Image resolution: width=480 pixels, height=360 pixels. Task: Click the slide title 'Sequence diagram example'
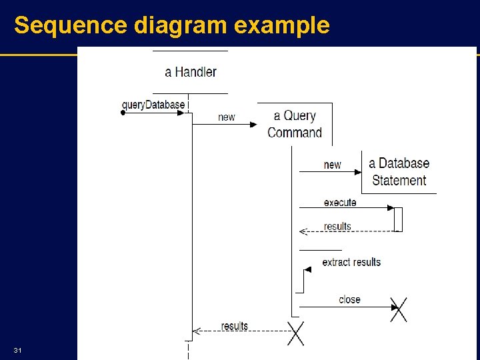171,25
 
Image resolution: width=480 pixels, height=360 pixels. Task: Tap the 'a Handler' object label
191,72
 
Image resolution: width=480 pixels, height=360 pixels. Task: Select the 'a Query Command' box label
295,124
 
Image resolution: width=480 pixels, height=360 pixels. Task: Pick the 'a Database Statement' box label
399,171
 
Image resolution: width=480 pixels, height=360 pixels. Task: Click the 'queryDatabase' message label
153,105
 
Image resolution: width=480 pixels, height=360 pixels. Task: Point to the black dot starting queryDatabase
123,113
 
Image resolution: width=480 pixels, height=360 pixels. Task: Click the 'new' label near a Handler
227,117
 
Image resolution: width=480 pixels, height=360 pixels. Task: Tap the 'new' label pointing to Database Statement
332,165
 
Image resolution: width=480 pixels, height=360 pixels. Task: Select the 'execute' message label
340,203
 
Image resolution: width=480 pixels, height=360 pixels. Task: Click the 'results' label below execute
337,227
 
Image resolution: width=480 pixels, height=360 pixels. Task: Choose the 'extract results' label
351,262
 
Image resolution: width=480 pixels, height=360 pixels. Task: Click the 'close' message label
349,299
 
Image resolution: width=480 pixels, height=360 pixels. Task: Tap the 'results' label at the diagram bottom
235,326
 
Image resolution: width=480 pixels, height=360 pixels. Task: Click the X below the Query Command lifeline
295,333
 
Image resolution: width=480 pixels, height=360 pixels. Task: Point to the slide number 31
18,351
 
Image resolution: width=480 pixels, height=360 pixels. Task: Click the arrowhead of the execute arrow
391,208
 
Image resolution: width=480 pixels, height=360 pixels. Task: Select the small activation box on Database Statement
398,219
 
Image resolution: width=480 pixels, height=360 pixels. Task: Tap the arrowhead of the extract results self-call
307,269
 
